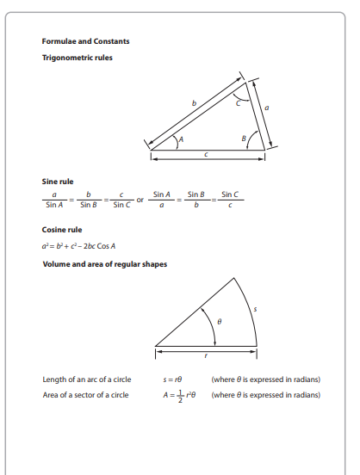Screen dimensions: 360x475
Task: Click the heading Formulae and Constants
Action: click(x=86, y=41)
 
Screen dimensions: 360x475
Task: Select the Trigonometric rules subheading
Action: click(x=77, y=58)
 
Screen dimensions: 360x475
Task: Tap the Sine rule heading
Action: click(x=58, y=182)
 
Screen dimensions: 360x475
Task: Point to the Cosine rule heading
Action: click(x=61, y=230)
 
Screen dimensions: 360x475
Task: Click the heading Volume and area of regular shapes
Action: click(x=104, y=264)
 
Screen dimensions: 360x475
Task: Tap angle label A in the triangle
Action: click(x=179, y=139)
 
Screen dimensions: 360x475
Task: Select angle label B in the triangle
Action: click(x=245, y=139)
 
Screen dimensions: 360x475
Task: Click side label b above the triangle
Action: click(x=194, y=104)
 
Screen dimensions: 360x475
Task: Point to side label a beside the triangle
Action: click(x=267, y=108)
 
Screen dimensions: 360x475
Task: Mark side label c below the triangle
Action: click(x=207, y=155)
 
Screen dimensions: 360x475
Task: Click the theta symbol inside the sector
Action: click(x=220, y=322)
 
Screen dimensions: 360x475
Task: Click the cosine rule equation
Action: click(x=79, y=246)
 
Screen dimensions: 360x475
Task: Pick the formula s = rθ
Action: click(x=175, y=379)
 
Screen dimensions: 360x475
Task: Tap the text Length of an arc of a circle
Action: click(x=85, y=379)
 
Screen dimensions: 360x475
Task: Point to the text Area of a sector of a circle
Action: click(x=85, y=395)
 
